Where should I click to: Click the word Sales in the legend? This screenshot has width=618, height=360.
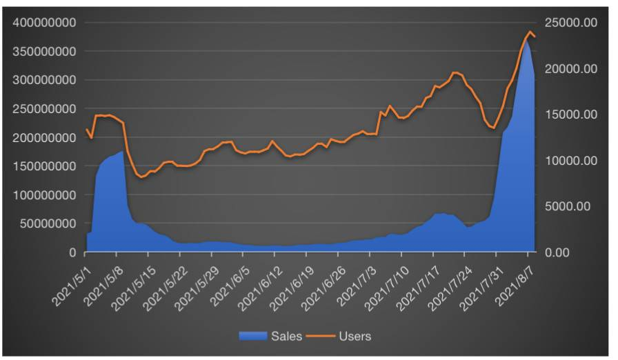tap(286, 337)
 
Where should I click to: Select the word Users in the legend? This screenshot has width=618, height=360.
tap(355, 337)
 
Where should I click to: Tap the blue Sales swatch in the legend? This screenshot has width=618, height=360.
tap(253, 337)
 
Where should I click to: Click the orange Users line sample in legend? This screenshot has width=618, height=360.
tap(323, 337)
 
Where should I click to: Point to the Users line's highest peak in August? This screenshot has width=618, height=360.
tap(530, 32)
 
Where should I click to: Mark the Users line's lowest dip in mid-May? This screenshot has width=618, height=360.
tap(141, 177)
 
